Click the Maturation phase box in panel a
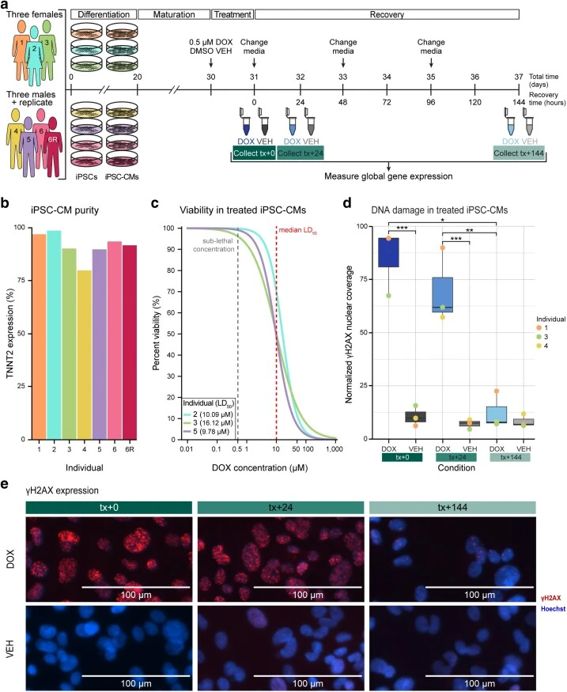pos(174,14)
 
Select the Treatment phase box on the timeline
pos(232,14)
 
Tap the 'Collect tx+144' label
pos(519,153)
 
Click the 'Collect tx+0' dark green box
pos(254,153)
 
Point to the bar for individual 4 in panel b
pos(85,355)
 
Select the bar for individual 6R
pos(129,342)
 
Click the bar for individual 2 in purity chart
pos(54,335)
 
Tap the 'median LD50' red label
pos(298,230)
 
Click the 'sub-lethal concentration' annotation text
pos(214,245)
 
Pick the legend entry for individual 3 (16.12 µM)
pos(208,423)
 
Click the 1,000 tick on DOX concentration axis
pos(334,449)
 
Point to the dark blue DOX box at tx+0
pos(389,252)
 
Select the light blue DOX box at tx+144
pos(497,415)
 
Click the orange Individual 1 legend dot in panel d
pos(539,328)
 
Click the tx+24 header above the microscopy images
pos(281,508)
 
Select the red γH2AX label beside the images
pos(551,598)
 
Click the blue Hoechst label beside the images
pos(553,609)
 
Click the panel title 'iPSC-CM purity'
pos(65,210)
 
